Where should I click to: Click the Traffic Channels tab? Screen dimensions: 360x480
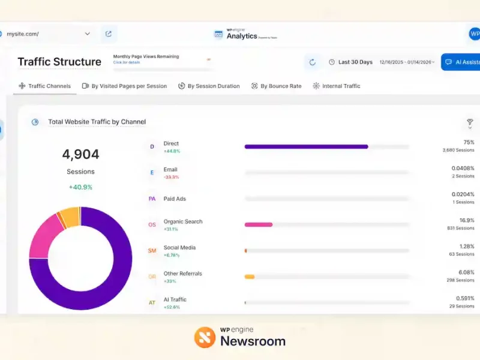[x=45, y=86]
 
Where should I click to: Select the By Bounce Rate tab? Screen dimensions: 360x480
[x=277, y=86]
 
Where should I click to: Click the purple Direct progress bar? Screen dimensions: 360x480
[x=306, y=146]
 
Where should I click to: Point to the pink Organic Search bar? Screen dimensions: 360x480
[x=259, y=224]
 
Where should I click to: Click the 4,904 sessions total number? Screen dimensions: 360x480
[x=80, y=154]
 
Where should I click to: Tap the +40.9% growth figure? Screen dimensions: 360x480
[x=80, y=187]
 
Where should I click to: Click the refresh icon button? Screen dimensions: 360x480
[x=313, y=62]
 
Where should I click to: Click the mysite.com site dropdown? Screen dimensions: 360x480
[x=48, y=34]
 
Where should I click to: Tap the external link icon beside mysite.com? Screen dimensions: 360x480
[x=109, y=34]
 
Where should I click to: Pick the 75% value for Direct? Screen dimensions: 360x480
[x=469, y=142]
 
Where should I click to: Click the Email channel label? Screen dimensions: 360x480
[x=170, y=170]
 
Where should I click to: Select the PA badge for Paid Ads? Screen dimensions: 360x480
[x=152, y=199]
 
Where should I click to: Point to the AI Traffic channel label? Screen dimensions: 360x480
[x=175, y=299]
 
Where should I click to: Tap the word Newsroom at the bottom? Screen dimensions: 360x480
[x=253, y=341]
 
